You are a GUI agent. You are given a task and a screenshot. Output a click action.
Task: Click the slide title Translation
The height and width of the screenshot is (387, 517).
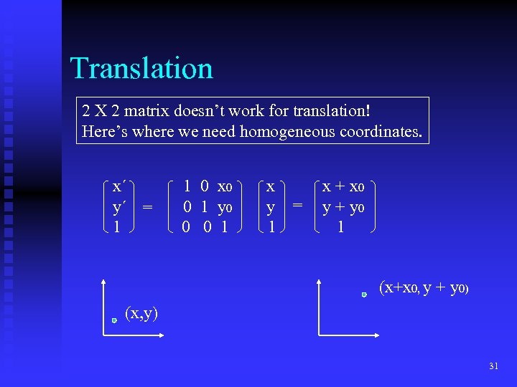(x=141, y=69)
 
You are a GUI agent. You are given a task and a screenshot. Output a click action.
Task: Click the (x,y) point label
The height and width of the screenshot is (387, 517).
(x=141, y=312)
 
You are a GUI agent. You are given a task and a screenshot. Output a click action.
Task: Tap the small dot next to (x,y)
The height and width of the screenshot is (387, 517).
(x=114, y=320)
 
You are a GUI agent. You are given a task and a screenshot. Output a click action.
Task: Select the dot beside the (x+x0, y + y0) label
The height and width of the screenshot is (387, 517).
(x=364, y=294)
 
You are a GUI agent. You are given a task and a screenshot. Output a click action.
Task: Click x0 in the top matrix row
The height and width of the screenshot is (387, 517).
(x=225, y=187)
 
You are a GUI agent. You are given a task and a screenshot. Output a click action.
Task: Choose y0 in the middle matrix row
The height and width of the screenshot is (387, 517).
(x=225, y=207)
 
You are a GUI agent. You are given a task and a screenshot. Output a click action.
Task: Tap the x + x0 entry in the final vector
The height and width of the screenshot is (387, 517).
(x=343, y=187)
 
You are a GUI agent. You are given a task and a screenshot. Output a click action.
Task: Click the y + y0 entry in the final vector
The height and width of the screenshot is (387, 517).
(x=343, y=207)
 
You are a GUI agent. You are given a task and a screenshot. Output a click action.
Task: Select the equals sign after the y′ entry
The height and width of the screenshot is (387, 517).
(x=147, y=207)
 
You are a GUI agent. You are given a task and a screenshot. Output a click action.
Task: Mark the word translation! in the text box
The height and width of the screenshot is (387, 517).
(x=327, y=111)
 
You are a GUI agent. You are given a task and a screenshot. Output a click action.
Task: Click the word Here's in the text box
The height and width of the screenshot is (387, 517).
(x=102, y=131)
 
